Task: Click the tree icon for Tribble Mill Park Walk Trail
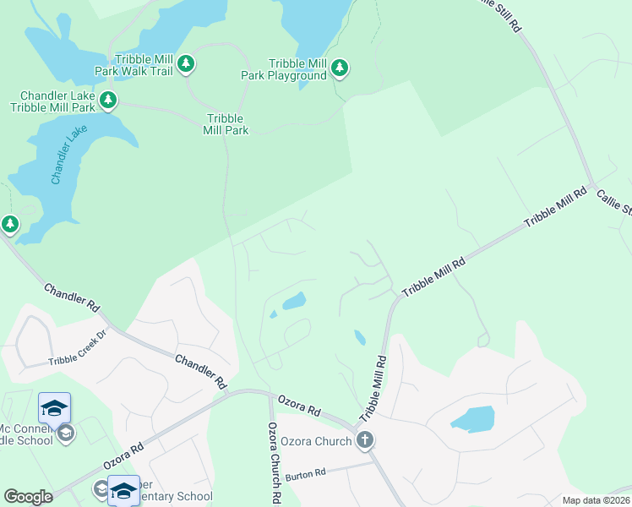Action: coord(186,63)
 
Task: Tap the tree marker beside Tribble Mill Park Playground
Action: coord(340,67)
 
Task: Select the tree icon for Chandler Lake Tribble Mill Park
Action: coord(108,101)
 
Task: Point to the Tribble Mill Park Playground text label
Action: coord(297,69)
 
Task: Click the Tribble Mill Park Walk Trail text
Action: coord(133,64)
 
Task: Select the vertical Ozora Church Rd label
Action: coord(274,462)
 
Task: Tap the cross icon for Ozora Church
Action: coord(365,439)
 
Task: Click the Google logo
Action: coord(28,497)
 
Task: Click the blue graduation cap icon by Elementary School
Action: coord(123,490)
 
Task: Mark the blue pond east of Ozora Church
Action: coord(472,418)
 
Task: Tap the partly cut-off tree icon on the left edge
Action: coord(9,225)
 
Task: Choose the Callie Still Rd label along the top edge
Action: coord(499,15)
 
